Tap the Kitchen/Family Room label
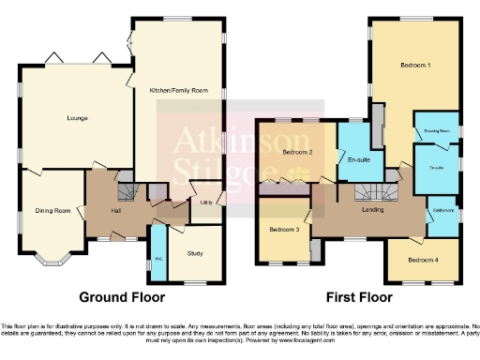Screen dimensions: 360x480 click(x=177, y=91)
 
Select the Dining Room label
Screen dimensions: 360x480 click(x=52, y=211)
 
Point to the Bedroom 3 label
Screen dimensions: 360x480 click(x=284, y=230)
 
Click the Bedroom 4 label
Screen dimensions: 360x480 click(x=423, y=259)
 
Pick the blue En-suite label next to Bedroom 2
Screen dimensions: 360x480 click(x=357, y=160)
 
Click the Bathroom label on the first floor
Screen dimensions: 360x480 click(x=442, y=211)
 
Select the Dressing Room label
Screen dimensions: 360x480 click(x=437, y=130)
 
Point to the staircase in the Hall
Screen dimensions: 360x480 click(x=127, y=192)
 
